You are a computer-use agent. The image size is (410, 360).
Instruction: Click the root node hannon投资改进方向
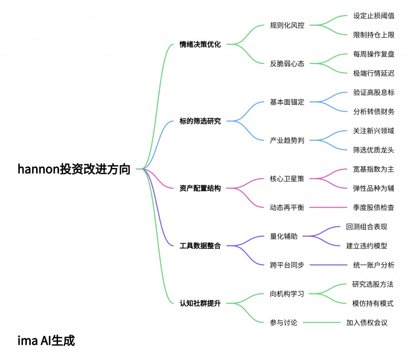point(74,169)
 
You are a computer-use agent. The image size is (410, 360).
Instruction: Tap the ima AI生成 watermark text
point(46,341)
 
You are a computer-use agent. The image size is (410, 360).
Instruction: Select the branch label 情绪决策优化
point(200,44)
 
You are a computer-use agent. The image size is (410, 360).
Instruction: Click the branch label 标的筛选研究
point(200,121)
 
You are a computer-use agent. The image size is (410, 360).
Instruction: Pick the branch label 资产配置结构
point(200,188)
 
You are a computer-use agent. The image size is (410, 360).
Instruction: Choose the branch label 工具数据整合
point(200,246)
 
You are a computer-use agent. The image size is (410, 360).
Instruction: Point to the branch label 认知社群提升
point(200,304)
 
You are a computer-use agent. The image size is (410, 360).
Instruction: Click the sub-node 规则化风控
point(287,25)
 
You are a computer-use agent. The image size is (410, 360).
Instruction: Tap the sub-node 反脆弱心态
point(287,64)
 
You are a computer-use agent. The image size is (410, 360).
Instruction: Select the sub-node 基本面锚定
point(287,102)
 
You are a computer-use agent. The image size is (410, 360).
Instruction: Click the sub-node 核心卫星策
point(287,179)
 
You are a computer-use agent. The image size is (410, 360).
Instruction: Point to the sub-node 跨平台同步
point(287,265)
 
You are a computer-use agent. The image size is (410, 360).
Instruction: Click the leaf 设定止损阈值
point(374,16)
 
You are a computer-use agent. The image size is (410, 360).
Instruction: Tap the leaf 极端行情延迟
point(374,73)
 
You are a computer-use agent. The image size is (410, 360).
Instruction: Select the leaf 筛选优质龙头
point(374,150)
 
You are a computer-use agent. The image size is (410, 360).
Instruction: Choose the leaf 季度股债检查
point(374,208)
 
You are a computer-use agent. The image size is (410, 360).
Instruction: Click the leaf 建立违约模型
point(367,246)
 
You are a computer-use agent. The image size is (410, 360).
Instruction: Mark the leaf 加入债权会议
point(367,322)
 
